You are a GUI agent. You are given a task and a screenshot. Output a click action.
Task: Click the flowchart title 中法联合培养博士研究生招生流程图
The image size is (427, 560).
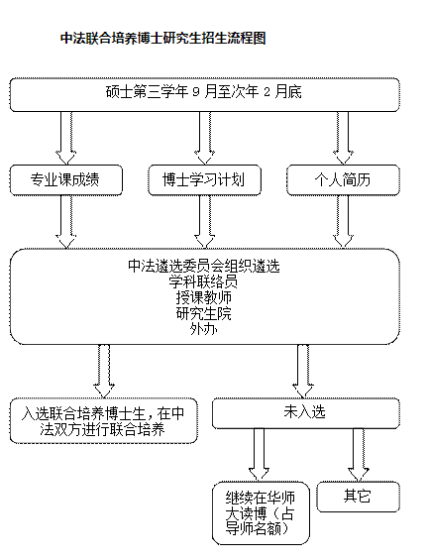163,39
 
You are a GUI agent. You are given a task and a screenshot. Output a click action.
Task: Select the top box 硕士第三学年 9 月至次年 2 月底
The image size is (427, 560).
204,94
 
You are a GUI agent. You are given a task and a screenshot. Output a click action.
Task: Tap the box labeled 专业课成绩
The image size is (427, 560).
66,180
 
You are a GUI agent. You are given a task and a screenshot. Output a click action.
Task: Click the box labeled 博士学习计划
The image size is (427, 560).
204,180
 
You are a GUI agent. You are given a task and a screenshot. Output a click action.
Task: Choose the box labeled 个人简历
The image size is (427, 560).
343,180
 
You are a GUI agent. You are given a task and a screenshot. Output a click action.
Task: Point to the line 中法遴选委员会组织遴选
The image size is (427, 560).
204,266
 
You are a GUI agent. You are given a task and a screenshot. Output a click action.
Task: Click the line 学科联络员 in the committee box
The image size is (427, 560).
203,282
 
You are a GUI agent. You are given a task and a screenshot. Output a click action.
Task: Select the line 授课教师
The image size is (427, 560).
204,297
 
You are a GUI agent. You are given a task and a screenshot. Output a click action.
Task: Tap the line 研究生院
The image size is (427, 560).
204,313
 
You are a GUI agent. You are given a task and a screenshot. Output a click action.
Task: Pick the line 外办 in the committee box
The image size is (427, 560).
204,329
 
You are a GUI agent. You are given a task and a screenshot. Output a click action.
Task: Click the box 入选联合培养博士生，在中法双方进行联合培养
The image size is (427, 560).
104,421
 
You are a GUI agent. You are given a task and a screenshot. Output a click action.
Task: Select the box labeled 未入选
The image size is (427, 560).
306,413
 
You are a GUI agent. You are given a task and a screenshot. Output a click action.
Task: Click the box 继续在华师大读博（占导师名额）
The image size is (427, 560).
261,513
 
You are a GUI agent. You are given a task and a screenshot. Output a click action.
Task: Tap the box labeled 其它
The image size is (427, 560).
359,497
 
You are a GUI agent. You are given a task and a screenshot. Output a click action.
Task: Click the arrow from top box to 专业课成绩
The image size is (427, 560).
66,138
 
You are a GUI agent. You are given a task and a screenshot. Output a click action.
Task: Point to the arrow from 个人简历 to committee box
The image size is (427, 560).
343,222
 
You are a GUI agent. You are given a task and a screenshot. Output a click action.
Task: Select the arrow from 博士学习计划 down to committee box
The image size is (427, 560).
204,222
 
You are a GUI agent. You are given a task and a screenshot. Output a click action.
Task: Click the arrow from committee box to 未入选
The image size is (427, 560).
303,372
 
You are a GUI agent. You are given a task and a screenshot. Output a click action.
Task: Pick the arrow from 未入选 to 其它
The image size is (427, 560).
359,455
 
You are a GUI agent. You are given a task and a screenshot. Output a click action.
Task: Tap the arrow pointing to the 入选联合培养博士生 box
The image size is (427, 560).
104,372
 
